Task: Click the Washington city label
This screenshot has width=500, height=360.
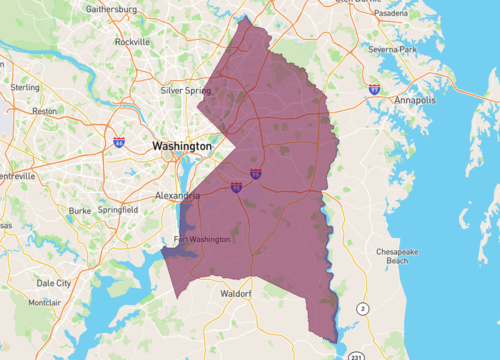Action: point(182,146)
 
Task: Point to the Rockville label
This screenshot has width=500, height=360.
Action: point(132,43)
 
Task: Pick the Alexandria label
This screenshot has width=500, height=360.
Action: point(179,195)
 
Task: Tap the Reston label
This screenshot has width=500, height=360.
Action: point(45,111)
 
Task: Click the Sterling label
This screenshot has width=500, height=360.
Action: point(26,87)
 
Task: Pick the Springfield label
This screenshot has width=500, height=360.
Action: point(120,211)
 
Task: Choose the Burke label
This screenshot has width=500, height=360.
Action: point(80,211)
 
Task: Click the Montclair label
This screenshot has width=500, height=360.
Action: point(44,302)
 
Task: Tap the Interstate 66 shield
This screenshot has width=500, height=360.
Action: point(119,144)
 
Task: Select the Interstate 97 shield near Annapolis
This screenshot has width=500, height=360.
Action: point(374,89)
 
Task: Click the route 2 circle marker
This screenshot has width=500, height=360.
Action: point(363,309)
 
